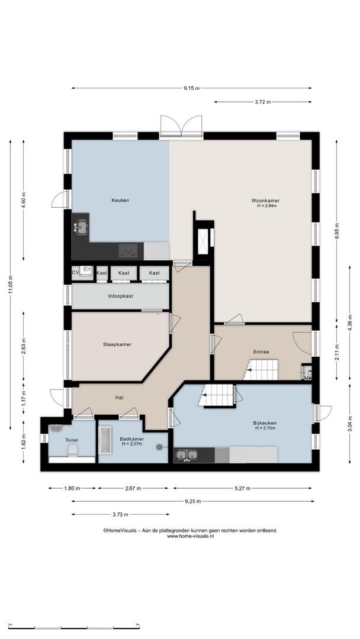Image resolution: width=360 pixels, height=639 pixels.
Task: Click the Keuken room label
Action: [120, 201]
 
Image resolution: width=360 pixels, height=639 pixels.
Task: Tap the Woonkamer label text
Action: [265, 201]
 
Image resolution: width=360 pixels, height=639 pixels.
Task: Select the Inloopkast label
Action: [120, 296]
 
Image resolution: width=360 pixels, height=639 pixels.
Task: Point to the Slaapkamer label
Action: [117, 344]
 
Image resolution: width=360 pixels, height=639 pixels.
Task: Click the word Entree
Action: [261, 351]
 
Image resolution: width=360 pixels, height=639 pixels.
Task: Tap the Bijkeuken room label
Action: [265, 423]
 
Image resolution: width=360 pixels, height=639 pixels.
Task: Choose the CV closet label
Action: [75, 273]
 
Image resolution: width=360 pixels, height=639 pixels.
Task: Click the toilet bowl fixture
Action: [73, 450]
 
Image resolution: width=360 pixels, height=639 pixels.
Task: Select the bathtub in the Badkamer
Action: [105, 440]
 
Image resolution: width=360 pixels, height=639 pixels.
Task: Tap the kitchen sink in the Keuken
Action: [82, 227]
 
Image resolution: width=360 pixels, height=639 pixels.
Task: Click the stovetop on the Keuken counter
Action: [128, 251]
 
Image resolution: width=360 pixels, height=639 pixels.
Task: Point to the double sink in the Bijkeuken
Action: [186, 455]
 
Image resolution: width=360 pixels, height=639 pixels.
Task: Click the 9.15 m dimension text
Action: [191, 88]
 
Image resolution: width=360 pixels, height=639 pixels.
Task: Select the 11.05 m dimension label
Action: [11, 284]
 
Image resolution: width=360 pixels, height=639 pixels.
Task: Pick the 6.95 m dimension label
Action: [337, 231]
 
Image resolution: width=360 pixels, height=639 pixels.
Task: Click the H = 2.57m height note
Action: [131, 444]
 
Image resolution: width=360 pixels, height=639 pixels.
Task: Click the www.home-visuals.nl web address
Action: [191, 537]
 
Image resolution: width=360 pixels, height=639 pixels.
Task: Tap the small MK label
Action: [308, 378]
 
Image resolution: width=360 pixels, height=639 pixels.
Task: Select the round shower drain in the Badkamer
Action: [159, 447]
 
